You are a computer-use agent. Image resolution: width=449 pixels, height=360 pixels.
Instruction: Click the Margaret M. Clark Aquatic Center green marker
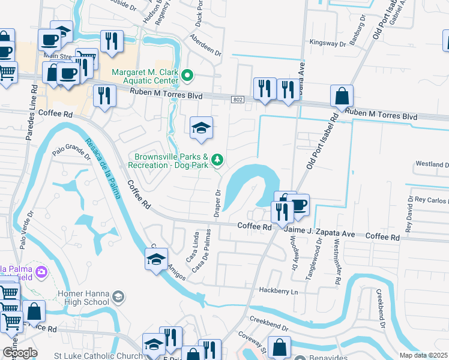187,76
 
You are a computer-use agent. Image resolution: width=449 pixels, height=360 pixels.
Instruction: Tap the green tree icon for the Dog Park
218,160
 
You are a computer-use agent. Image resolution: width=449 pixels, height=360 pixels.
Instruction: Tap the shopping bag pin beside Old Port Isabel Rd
342,96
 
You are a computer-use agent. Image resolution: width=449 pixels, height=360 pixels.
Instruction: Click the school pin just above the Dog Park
201,127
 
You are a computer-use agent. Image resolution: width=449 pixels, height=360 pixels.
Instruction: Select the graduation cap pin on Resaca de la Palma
156,259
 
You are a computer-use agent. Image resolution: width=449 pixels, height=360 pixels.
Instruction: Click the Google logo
19,353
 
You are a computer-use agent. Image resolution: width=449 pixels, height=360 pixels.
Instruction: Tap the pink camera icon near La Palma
41,272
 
